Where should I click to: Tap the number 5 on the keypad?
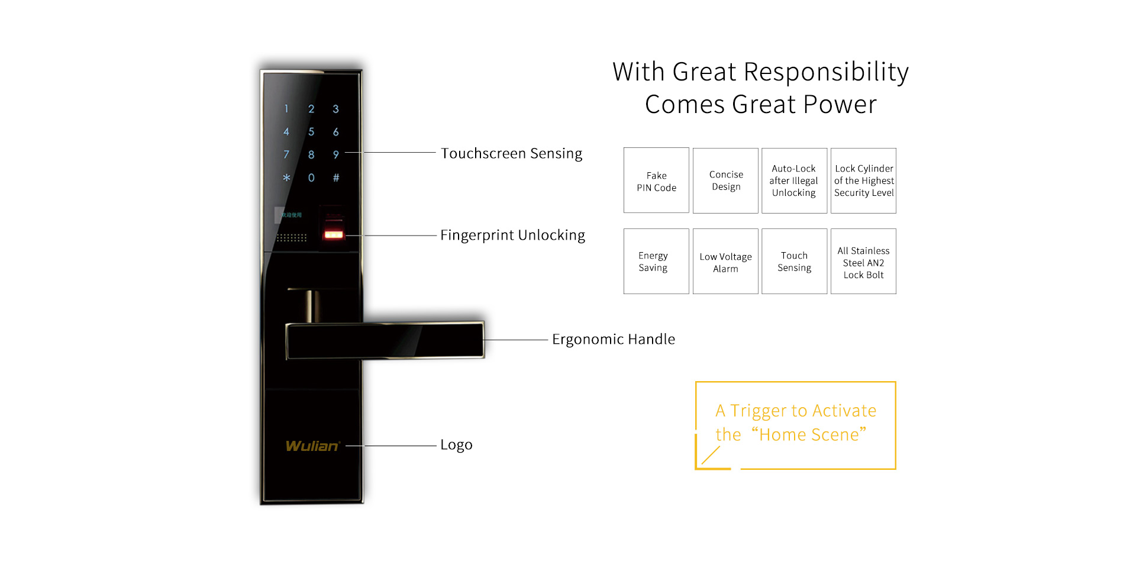click(311, 131)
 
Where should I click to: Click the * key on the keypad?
click(286, 178)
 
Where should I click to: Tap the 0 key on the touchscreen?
click(311, 178)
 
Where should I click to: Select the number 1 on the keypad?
click(286, 109)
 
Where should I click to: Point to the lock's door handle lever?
click(385, 340)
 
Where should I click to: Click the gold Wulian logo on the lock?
click(312, 446)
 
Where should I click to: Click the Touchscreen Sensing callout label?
click(511, 154)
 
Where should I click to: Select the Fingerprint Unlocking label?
click(512, 236)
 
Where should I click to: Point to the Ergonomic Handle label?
click(614, 339)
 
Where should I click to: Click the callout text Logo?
click(456, 444)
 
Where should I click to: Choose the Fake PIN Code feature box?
click(656, 180)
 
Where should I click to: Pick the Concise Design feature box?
click(725, 180)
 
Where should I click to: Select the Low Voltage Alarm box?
click(725, 261)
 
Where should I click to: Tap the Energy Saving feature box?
click(656, 261)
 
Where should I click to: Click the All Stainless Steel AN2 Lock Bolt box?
click(863, 261)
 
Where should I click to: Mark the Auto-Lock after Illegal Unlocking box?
click(794, 180)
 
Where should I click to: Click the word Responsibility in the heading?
click(826, 72)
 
